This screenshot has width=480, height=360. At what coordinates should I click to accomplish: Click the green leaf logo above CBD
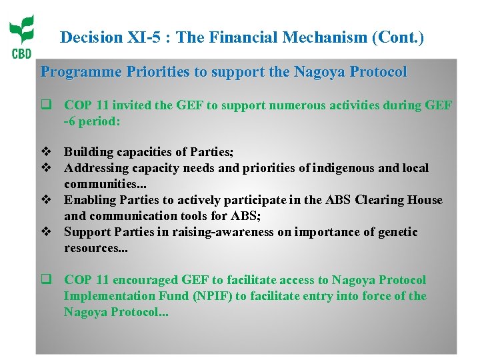[x=21, y=31]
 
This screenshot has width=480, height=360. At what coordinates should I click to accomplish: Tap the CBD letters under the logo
[x=21, y=54]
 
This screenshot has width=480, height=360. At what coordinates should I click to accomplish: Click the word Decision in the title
[x=87, y=38]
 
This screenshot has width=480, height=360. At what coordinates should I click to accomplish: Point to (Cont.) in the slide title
[x=397, y=38]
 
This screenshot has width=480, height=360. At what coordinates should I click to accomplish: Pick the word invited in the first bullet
[x=129, y=105]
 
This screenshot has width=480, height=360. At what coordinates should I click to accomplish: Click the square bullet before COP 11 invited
[x=46, y=105]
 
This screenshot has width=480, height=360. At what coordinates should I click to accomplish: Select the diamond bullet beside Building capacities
[x=46, y=152]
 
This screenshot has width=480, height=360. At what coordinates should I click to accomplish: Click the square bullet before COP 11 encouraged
[x=46, y=280]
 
